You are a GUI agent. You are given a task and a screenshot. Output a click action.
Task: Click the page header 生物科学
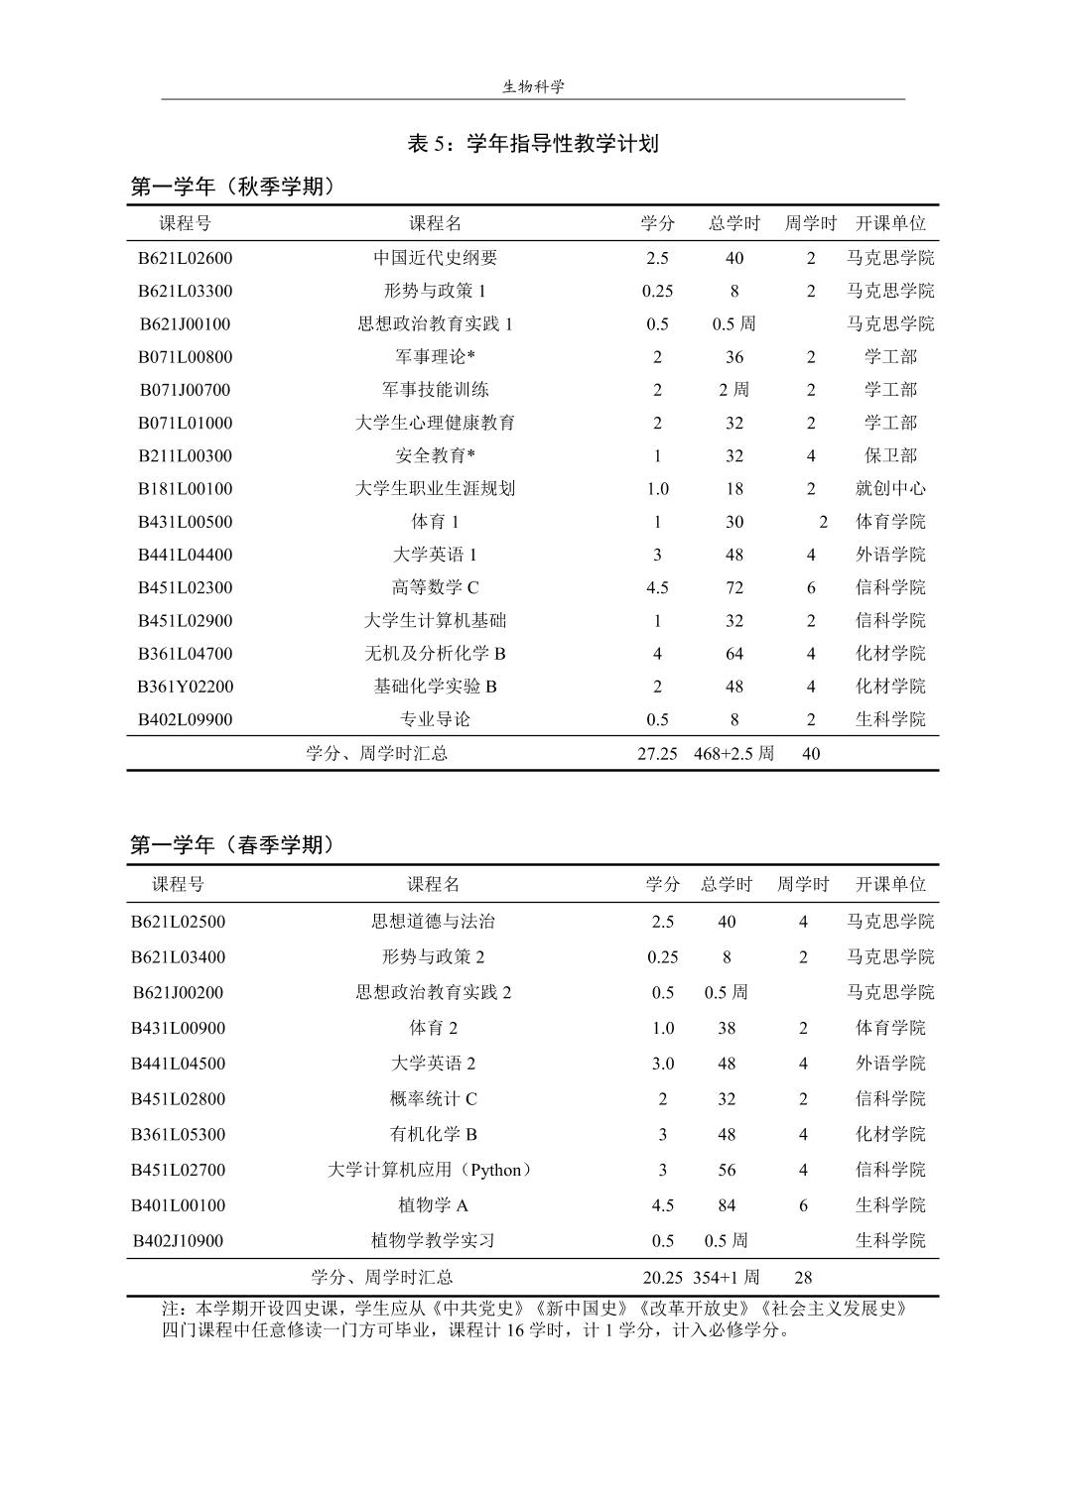533,86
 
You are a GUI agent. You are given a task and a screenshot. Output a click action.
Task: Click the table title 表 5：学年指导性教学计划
533,144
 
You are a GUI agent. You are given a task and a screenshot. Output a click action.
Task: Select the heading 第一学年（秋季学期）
232,187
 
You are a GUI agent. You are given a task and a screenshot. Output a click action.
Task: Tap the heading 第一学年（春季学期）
232,845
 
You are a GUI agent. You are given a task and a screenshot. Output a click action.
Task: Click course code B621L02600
185,258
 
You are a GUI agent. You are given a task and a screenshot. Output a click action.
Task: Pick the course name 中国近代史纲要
435,258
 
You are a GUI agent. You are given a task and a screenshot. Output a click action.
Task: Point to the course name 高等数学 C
435,587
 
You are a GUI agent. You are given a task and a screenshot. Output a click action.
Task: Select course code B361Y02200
185,687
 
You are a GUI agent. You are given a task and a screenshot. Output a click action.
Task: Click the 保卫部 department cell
890,455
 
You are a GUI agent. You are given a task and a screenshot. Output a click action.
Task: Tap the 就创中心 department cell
890,488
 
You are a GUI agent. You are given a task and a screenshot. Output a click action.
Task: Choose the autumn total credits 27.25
657,754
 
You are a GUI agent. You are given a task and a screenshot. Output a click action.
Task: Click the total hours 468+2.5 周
733,754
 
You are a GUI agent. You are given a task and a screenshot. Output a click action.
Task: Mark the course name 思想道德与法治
433,922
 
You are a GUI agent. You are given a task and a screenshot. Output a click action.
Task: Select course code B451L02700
179,1170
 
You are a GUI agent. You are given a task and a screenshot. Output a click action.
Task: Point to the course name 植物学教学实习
433,1241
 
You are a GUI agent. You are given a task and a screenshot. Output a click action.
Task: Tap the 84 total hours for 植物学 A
727,1205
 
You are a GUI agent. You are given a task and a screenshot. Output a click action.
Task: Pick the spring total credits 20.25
662,1277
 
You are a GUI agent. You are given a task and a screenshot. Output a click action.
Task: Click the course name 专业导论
435,719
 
